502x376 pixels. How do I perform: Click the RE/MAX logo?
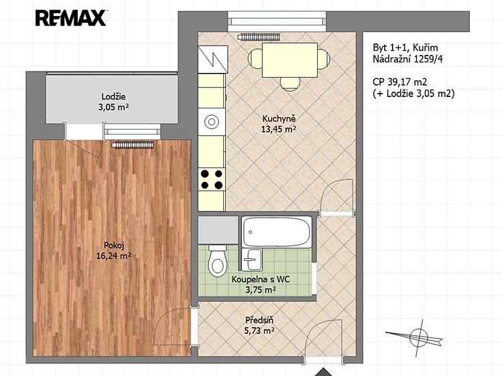[71, 18]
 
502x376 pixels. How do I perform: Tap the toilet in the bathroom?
[217, 261]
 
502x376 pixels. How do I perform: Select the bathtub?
[277, 231]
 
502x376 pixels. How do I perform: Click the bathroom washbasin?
[252, 259]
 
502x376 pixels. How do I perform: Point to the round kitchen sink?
[211, 122]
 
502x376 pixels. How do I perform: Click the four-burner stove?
[212, 179]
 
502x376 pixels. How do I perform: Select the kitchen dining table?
[290, 60]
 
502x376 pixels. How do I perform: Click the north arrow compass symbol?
[416, 337]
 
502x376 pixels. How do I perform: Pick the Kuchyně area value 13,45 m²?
[279, 129]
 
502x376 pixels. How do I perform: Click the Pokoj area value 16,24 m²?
[114, 256]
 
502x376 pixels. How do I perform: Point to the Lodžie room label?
[113, 96]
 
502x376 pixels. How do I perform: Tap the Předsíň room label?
[259, 320]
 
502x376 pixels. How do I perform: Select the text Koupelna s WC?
[261, 280]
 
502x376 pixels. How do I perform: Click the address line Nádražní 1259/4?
[408, 59]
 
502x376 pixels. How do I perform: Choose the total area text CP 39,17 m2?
[400, 82]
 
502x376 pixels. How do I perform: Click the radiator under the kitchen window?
[259, 37]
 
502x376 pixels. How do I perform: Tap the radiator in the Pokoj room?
[133, 145]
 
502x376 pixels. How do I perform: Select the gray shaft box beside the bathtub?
[218, 229]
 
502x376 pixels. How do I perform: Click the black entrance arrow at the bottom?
[324, 372]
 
